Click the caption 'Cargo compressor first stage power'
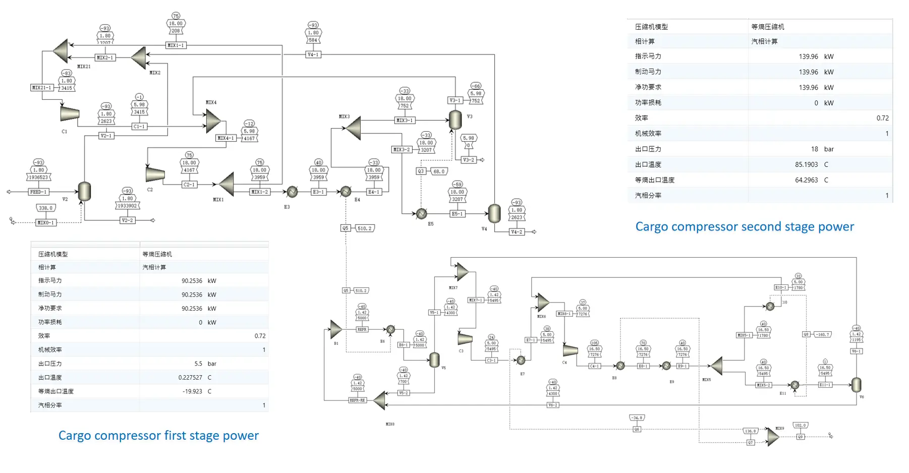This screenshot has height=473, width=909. coord(158,436)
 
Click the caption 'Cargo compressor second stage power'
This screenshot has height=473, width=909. coord(745,227)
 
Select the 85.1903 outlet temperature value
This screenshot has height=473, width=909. coord(806,165)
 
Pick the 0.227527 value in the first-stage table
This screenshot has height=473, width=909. coord(190,378)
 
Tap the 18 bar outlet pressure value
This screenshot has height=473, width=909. coord(815,149)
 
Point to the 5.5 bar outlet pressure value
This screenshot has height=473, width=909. coord(198,364)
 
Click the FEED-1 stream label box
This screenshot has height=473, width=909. coord(38,192)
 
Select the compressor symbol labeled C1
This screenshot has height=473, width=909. coord(70,114)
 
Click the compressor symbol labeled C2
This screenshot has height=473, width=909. coord(155,174)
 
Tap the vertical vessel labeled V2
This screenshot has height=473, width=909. coord(85,192)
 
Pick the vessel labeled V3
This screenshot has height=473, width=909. coord(455,120)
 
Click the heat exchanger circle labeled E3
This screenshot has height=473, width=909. coord(292,192)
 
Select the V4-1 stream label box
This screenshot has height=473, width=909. coord(313,54)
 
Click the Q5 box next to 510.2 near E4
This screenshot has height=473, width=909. coord(346,228)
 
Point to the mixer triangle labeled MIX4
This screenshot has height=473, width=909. coord(213,122)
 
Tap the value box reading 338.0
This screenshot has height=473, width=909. coord(46,208)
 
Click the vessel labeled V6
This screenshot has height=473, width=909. coord(856,385)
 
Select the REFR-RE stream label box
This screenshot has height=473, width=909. coord(357,400)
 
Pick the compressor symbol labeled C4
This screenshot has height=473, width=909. coord(570,350)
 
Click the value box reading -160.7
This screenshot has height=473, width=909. coord(823,334)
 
